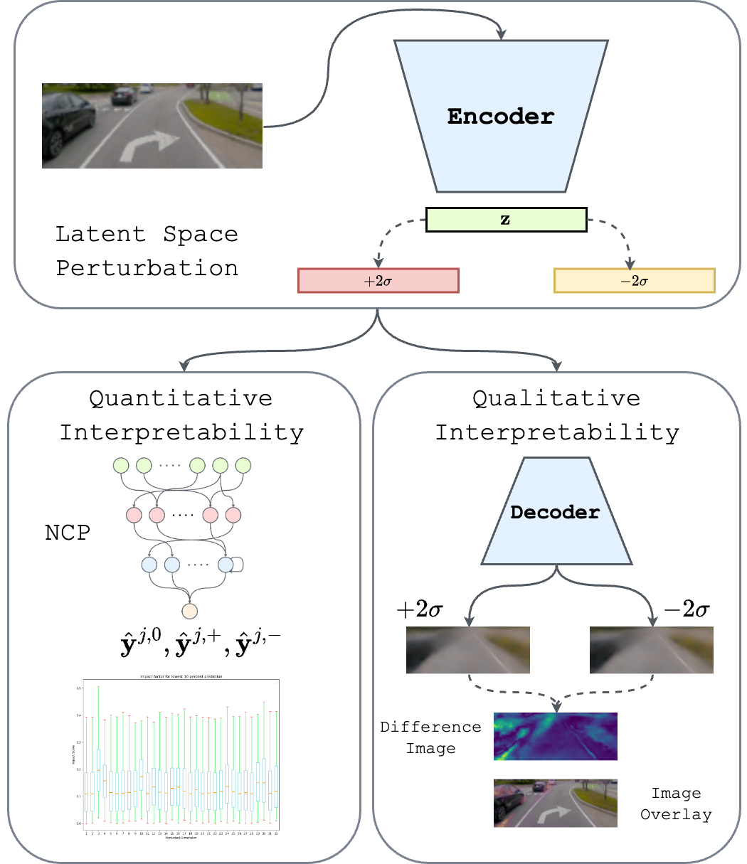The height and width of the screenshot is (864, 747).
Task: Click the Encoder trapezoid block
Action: pos(501,116)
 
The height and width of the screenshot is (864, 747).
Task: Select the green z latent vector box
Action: pos(506,220)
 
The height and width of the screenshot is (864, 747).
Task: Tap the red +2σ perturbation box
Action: pos(378,280)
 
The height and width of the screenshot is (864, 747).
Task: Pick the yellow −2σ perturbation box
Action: pos(634,280)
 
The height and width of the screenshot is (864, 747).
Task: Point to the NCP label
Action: pos(68,533)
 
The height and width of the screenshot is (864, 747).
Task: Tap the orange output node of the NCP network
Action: pos(189,611)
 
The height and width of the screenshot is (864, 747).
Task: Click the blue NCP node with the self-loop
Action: pos(226,565)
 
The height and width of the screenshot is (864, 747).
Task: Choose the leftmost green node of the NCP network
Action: pos(121,466)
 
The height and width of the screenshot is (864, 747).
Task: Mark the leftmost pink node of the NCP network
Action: pos(134,514)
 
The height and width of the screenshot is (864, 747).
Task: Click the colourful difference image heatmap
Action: pos(555,736)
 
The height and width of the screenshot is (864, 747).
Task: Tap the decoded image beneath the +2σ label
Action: pos(467,649)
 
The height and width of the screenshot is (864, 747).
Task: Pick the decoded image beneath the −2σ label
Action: pos(651,649)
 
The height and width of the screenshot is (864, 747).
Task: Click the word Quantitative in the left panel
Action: pos(181,398)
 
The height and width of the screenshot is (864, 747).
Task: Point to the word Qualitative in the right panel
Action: pos(556,398)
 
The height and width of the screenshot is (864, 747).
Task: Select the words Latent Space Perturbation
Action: pos(147,251)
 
